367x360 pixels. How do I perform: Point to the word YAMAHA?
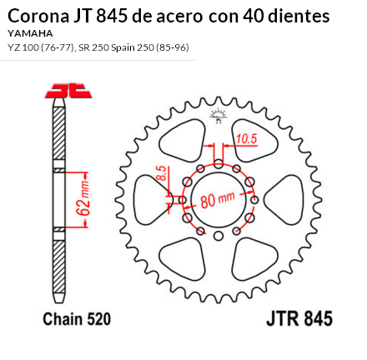29,32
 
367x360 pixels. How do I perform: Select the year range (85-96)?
169,47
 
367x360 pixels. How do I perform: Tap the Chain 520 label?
77,319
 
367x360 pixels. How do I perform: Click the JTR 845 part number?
299,319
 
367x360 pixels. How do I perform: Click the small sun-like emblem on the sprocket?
219,115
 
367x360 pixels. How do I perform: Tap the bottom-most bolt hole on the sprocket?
219,236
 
